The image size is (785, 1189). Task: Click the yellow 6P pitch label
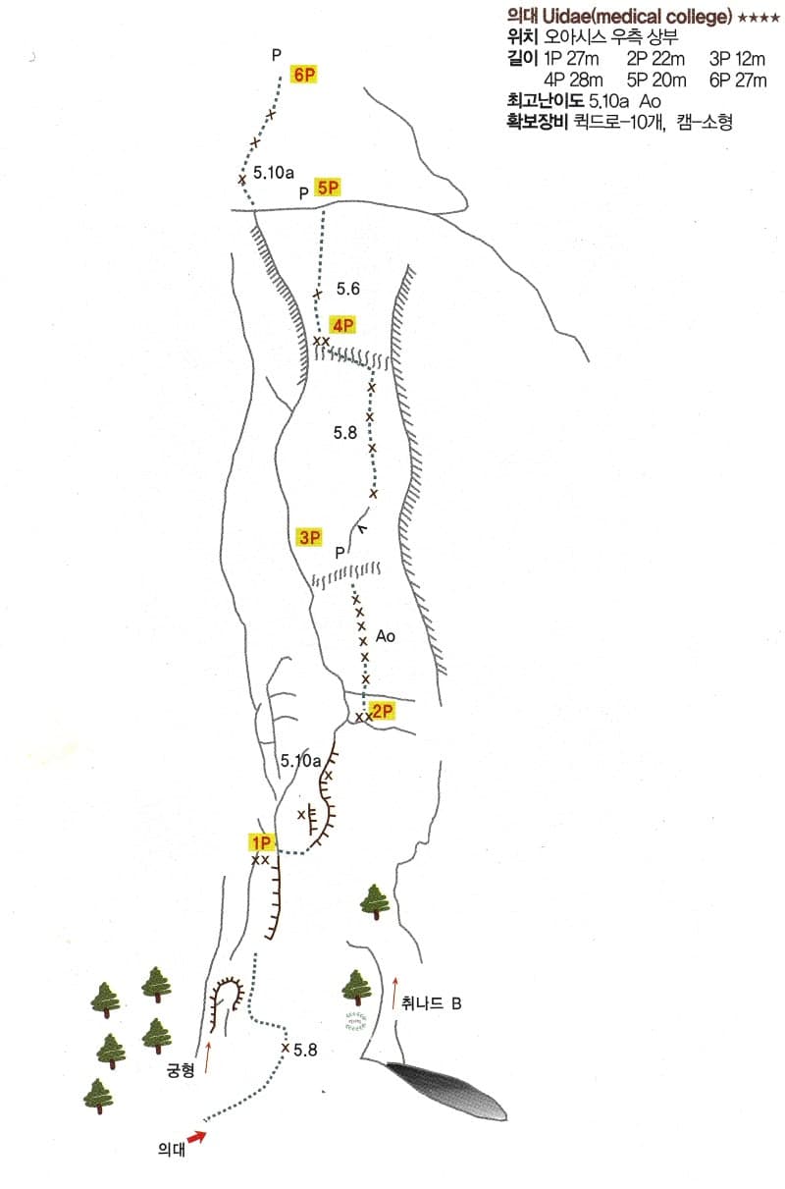pyautogui.click(x=304, y=75)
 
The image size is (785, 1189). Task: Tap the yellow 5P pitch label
pyautogui.click(x=328, y=188)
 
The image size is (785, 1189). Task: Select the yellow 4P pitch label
pyautogui.click(x=342, y=325)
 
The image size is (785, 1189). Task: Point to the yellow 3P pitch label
pyautogui.click(x=310, y=537)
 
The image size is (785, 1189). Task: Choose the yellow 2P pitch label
pyautogui.click(x=382, y=711)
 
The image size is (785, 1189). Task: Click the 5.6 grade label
pyautogui.click(x=348, y=289)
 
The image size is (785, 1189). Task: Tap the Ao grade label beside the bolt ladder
pyautogui.click(x=386, y=636)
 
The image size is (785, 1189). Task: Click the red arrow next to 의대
pyautogui.click(x=197, y=1137)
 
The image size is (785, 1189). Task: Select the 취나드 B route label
pyautogui.click(x=431, y=1003)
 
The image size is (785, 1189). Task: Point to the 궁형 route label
pyautogui.click(x=181, y=1070)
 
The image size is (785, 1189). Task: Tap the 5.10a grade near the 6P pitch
pyautogui.click(x=273, y=173)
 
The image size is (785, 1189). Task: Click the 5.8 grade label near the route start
pyautogui.click(x=305, y=1050)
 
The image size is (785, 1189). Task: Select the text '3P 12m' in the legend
pyautogui.click(x=737, y=59)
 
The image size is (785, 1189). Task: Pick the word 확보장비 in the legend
pyautogui.click(x=538, y=122)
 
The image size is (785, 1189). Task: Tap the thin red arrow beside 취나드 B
pyautogui.click(x=394, y=992)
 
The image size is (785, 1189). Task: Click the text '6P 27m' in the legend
pyautogui.click(x=738, y=81)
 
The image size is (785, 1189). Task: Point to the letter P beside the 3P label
pyautogui.click(x=340, y=553)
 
